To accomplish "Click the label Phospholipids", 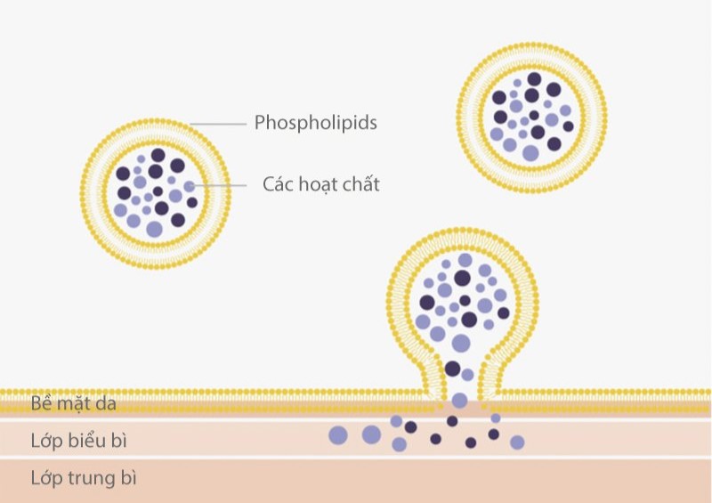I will click(315, 123).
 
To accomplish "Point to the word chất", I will click(362, 185).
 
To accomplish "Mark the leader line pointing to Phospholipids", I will click(217, 123).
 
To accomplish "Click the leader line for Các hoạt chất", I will click(222, 185).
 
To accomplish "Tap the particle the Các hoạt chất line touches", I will click(189, 185).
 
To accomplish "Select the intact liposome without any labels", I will click(531, 116).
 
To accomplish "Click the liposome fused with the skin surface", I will click(462, 303).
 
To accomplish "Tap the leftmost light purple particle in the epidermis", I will click(337, 435).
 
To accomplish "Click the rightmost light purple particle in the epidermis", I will click(517, 442).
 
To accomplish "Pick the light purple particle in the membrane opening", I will click(459, 401).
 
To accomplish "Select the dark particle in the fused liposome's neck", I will click(453, 369).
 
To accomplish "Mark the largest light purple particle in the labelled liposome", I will click(154, 229).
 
